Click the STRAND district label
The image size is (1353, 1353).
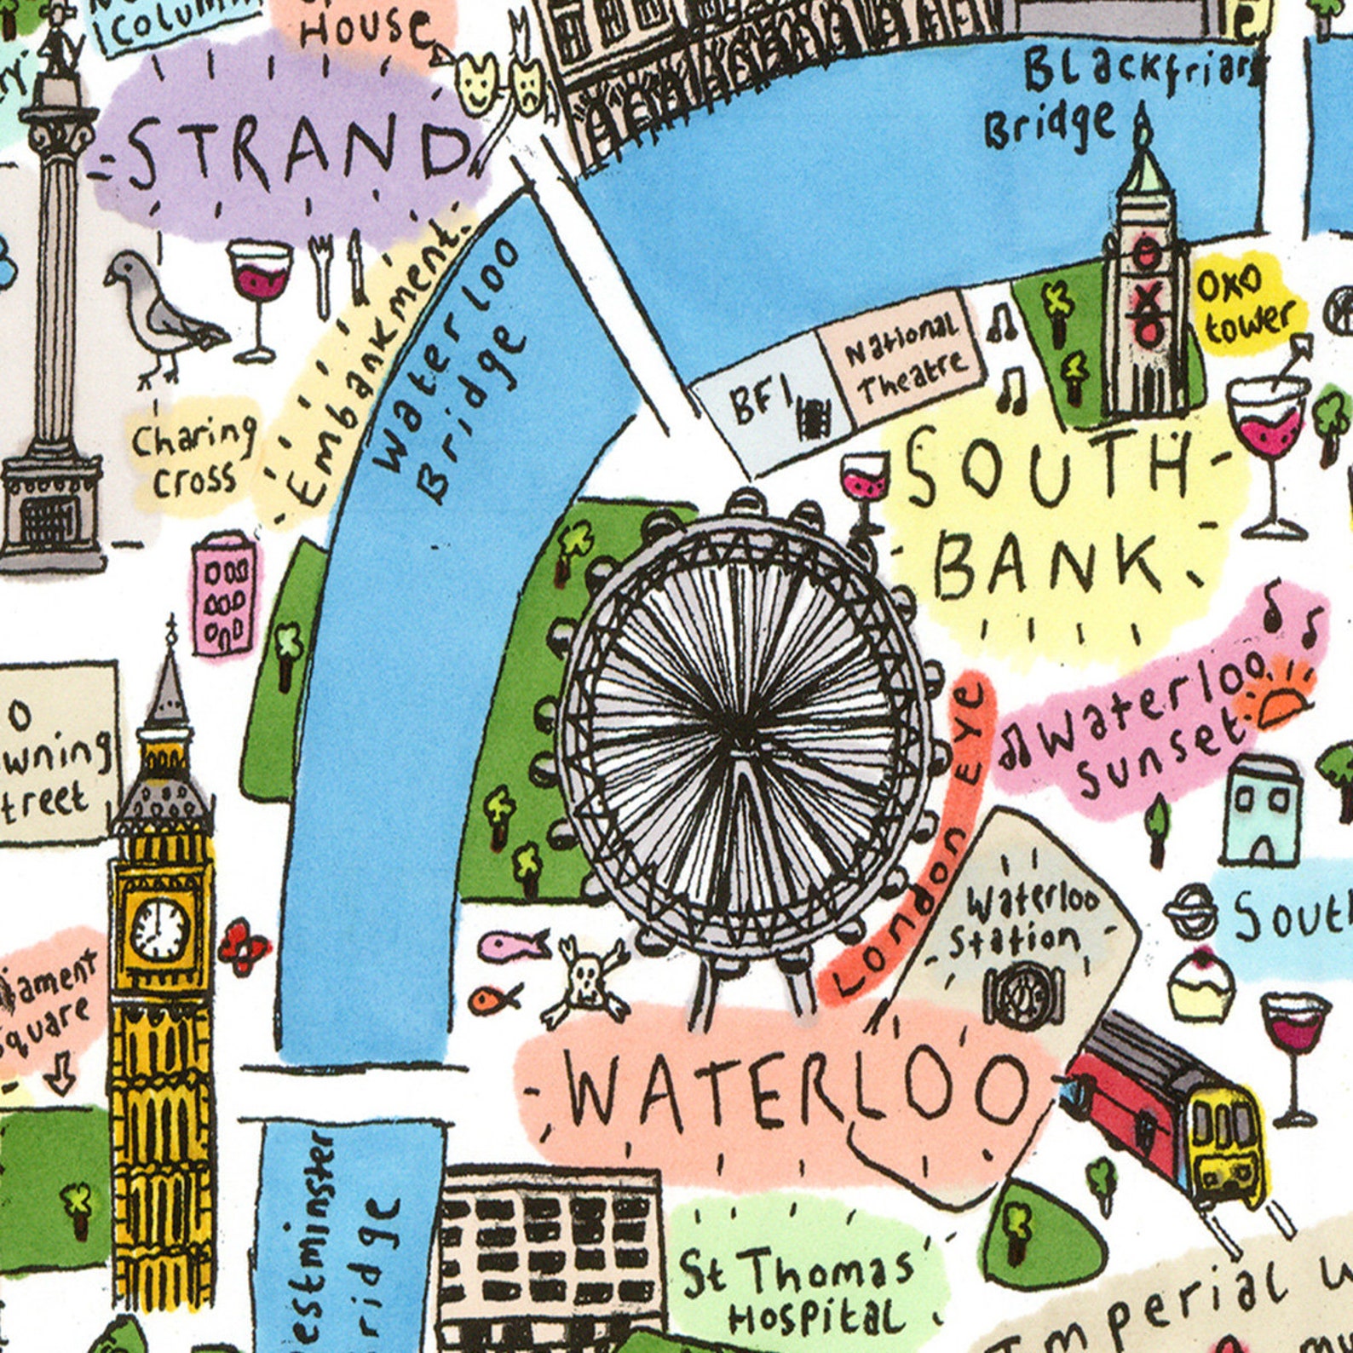(x=294, y=153)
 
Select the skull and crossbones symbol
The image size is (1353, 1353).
(x=584, y=980)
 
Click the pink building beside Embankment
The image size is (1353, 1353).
(x=224, y=594)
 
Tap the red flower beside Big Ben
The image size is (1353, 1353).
(x=243, y=946)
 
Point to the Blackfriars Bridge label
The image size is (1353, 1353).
(x=1108, y=94)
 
